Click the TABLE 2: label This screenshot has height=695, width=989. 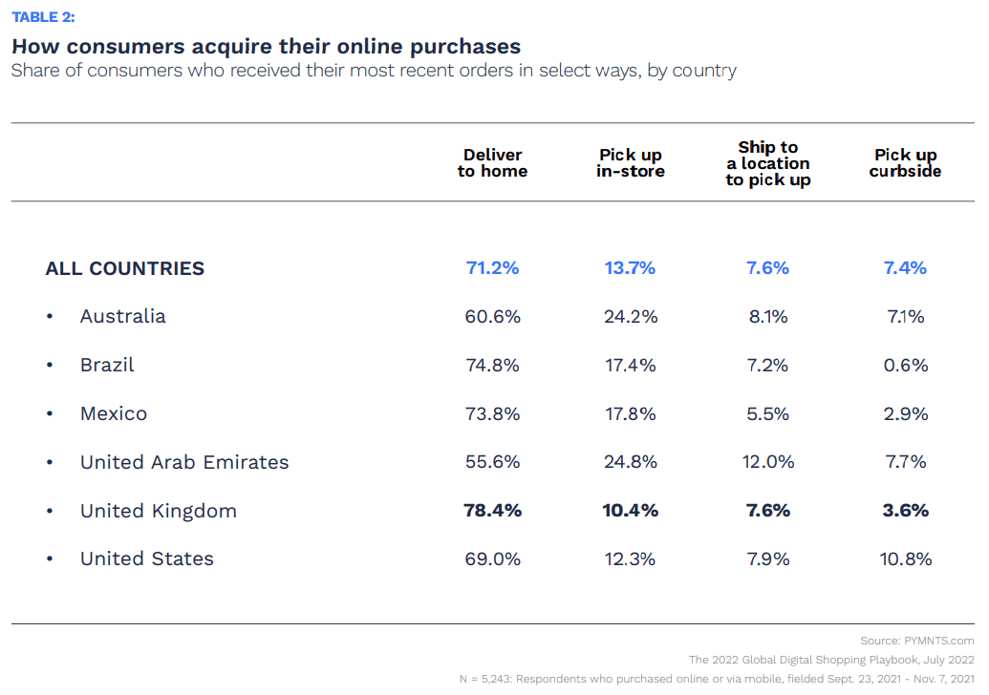[43, 17]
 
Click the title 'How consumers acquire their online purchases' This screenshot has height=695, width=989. [266, 46]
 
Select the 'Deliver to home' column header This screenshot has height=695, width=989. [492, 163]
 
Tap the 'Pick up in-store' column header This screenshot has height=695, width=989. [631, 163]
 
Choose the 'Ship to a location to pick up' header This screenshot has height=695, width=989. [767, 163]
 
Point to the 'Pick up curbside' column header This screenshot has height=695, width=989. [905, 163]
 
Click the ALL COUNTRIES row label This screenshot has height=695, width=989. [125, 268]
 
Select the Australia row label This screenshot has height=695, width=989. [122, 316]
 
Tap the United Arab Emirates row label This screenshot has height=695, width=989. [184, 462]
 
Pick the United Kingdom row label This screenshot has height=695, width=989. [159, 511]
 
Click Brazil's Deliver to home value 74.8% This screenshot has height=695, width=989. [492, 365]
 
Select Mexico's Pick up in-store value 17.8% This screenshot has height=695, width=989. [631, 413]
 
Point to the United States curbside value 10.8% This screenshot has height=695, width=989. [905, 558]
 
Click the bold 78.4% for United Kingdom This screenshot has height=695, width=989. [492, 511]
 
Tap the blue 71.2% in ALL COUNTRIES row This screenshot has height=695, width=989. [492, 268]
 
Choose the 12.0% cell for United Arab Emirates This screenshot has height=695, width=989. [767, 462]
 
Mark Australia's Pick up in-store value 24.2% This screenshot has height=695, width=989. [631, 316]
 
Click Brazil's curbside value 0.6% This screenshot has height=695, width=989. [905, 365]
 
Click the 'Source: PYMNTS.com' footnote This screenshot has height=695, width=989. [916, 641]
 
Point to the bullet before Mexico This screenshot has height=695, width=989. [50, 414]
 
